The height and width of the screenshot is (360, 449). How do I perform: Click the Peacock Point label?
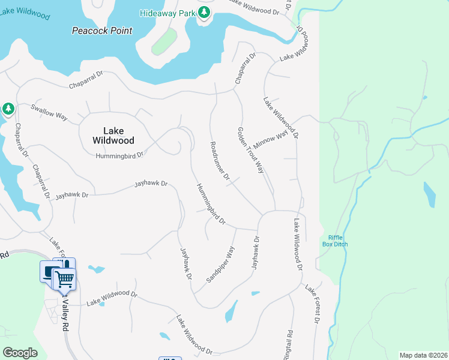pyautogui.click(x=101, y=31)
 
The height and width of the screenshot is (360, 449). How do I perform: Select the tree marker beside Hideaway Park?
pyautogui.click(x=204, y=12)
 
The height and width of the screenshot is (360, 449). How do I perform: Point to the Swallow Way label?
pyautogui.click(x=49, y=112)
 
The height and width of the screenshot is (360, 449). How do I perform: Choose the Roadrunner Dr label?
pyautogui.click(x=220, y=161)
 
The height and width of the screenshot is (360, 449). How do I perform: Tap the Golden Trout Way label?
pyautogui.click(x=250, y=150)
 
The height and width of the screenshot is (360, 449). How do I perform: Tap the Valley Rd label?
pyautogui.click(x=65, y=317)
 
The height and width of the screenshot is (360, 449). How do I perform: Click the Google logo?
pyautogui.click(x=20, y=353)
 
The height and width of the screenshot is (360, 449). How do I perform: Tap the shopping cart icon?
pyautogui.click(x=64, y=278)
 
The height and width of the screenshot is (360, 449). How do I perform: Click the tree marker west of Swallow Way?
pyautogui.click(x=8, y=109)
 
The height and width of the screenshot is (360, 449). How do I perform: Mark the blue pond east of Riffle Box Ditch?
pyautogui.click(x=429, y=194)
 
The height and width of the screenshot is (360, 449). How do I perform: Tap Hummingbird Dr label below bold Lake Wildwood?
pyautogui.click(x=120, y=155)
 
